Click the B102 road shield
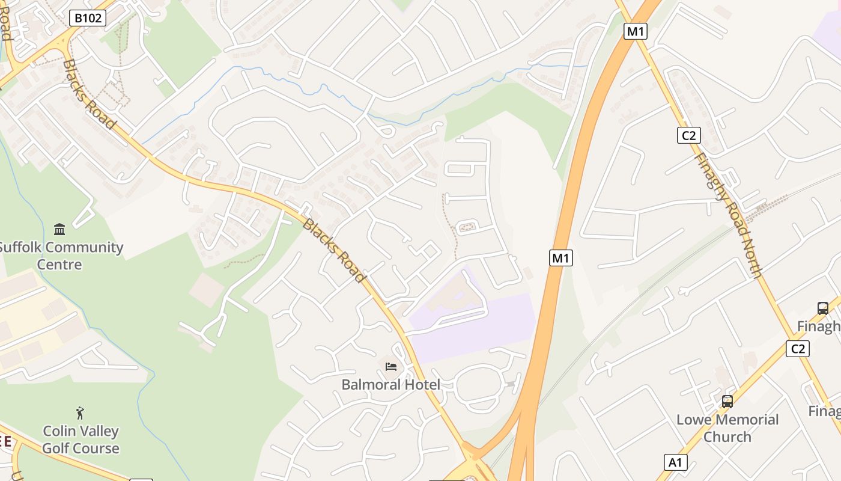pyautogui.click(x=88, y=18)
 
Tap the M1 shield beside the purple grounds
pyautogui.click(x=560, y=258)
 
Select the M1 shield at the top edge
pyautogui.click(x=635, y=31)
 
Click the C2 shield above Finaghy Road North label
pyautogui.click(x=688, y=135)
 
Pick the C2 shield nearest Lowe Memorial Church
pyautogui.click(x=798, y=348)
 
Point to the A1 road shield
pyautogui.click(x=676, y=462)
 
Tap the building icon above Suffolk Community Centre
pyautogui.click(x=59, y=229)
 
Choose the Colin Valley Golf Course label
pyautogui.click(x=80, y=440)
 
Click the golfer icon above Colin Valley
pyautogui.click(x=80, y=413)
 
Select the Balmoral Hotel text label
pyautogui.click(x=390, y=384)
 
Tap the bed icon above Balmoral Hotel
pyautogui.click(x=390, y=366)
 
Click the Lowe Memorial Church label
pyautogui.click(x=727, y=428)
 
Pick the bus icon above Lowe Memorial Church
pyautogui.click(x=727, y=401)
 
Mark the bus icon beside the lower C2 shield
pyautogui.click(x=822, y=308)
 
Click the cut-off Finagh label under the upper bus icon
pyautogui.click(x=818, y=326)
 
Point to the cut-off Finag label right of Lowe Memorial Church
pyautogui.click(x=824, y=411)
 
